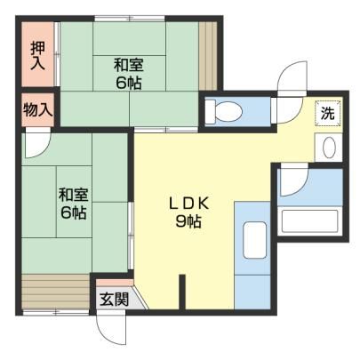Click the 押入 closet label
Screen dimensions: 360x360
(x=38, y=55)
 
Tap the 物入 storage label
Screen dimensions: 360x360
(x=38, y=110)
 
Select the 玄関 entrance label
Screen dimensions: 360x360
(x=114, y=299)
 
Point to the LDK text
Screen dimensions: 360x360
(x=189, y=204)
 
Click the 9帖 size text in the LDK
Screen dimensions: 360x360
(x=189, y=221)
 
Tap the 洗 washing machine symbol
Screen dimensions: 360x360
(x=328, y=113)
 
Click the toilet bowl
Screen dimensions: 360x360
(x=224, y=112)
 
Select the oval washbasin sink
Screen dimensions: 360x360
(x=329, y=148)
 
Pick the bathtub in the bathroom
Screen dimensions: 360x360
(x=309, y=221)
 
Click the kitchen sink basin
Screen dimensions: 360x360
(x=254, y=240)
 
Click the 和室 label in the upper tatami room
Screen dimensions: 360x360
(x=129, y=65)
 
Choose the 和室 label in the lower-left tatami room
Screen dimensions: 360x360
(x=74, y=195)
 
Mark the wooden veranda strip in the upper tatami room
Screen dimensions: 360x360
(x=208, y=56)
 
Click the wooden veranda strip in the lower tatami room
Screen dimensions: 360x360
(x=56, y=292)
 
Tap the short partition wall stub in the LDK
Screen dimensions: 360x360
(x=182, y=292)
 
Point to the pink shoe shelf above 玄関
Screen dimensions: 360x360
(x=114, y=283)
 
